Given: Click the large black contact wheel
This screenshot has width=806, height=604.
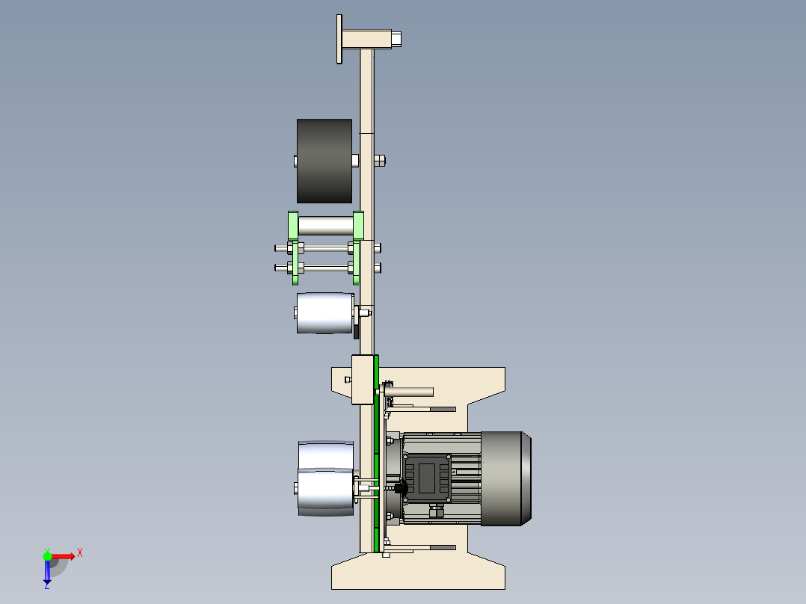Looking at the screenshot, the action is click(x=324, y=161).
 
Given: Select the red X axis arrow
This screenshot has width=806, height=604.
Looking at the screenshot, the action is click(x=64, y=556).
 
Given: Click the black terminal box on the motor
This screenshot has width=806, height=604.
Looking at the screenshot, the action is click(x=427, y=477).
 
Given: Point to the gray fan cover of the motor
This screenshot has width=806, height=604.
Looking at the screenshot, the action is click(x=505, y=478).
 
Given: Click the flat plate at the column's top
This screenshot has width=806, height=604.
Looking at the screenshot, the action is click(x=339, y=39).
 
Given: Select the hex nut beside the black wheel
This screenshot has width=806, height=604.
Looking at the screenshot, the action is click(x=380, y=161).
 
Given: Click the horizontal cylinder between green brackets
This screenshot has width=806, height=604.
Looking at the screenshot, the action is click(x=325, y=225).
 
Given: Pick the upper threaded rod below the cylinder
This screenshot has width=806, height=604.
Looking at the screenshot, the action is click(x=327, y=248).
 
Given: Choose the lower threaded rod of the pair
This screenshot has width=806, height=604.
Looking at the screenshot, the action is click(x=327, y=268).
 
